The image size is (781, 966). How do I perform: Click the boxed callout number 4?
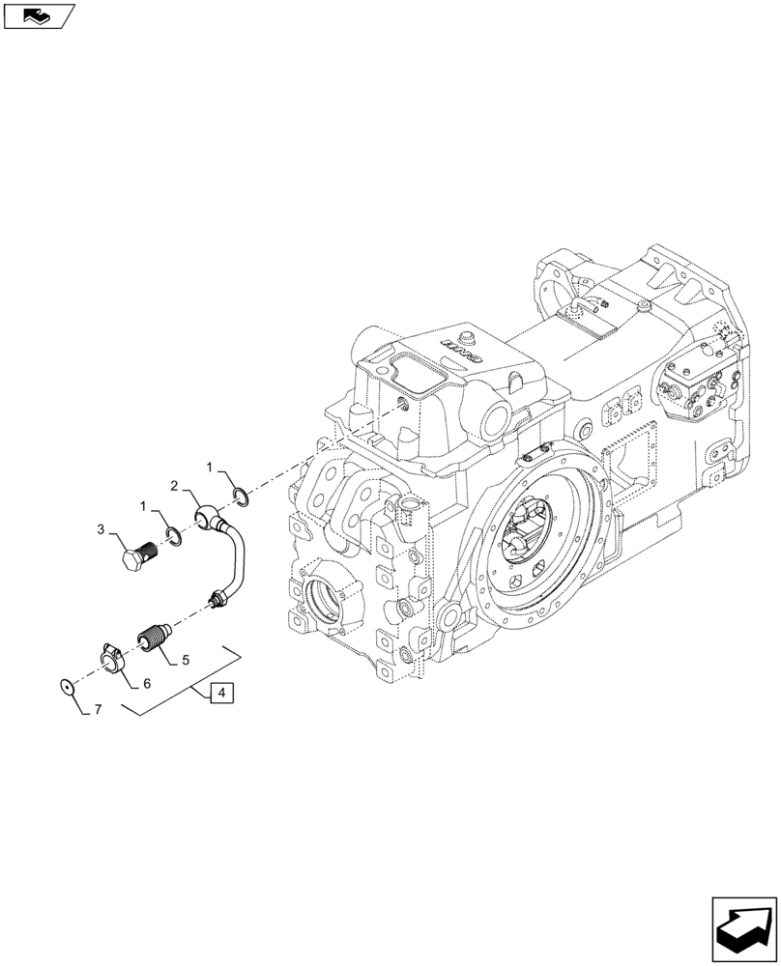(x=219, y=693)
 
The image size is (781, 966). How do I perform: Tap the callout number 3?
(x=100, y=529)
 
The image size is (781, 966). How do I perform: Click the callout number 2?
(x=175, y=485)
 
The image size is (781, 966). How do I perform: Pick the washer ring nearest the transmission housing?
(x=242, y=497)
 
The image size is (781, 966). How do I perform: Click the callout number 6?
(x=147, y=683)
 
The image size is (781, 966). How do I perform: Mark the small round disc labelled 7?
(x=66, y=687)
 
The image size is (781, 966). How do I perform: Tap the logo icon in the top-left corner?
(x=38, y=15)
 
